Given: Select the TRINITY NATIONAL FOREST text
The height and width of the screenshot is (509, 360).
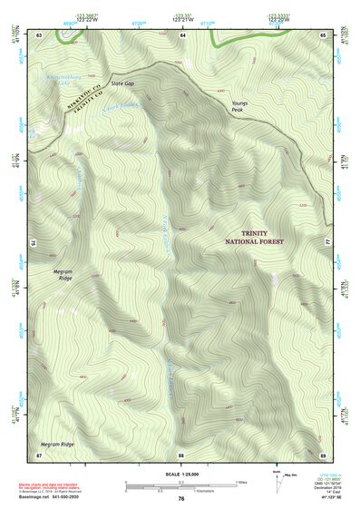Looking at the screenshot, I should tap(255, 239).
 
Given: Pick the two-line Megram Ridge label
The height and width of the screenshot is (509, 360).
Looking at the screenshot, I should tap(61, 274).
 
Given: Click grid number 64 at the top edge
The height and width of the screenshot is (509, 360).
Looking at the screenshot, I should tap(182, 34).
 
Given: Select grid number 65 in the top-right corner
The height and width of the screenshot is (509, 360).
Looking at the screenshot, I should tap(324, 34).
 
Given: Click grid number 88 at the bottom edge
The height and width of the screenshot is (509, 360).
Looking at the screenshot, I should tap(181, 454).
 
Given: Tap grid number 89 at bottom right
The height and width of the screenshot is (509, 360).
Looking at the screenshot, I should tap(324, 454).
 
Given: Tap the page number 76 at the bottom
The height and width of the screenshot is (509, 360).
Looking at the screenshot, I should tap(181, 499).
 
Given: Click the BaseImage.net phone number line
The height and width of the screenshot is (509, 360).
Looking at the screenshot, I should tap(52, 497).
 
